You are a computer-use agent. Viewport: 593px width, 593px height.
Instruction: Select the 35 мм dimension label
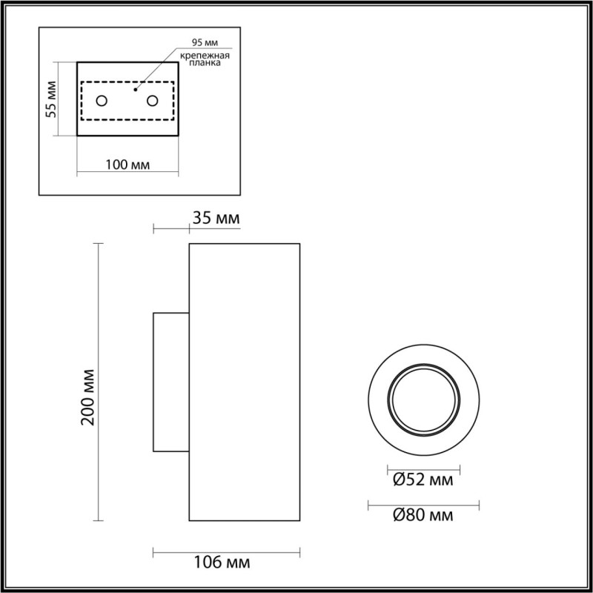click(215, 219)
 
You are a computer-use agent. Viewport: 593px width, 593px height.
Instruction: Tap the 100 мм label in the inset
click(127, 164)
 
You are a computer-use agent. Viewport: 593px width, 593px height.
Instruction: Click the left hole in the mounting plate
click(102, 101)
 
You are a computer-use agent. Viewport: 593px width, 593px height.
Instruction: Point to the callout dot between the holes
click(134, 90)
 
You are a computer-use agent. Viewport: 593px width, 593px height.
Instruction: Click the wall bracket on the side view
click(170, 382)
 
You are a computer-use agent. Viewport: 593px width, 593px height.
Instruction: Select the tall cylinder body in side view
click(245, 382)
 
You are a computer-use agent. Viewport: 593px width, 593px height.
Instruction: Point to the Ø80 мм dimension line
click(424, 503)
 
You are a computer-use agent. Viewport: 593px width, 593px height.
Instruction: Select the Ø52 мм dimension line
click(424, 470)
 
